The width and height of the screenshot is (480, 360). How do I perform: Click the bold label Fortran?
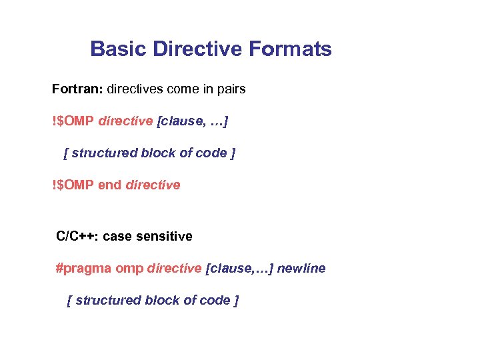(x=77, y=89)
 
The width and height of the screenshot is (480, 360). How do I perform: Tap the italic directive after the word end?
(x=153, y=185)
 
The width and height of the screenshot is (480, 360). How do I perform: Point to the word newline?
(x=301, y=269)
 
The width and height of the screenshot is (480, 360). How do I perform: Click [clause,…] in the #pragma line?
(x=239, y=269)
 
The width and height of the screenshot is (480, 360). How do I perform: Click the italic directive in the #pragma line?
(x=174, y=269)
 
